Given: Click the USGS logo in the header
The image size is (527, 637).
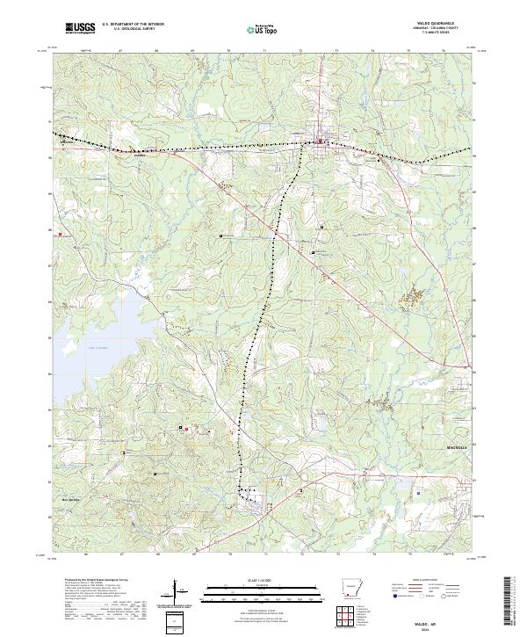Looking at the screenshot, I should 79,29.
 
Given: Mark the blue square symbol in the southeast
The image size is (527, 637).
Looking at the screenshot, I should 419,494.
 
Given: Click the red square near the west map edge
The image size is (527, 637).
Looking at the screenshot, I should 61,235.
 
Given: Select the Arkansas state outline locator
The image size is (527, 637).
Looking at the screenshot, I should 350,589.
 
